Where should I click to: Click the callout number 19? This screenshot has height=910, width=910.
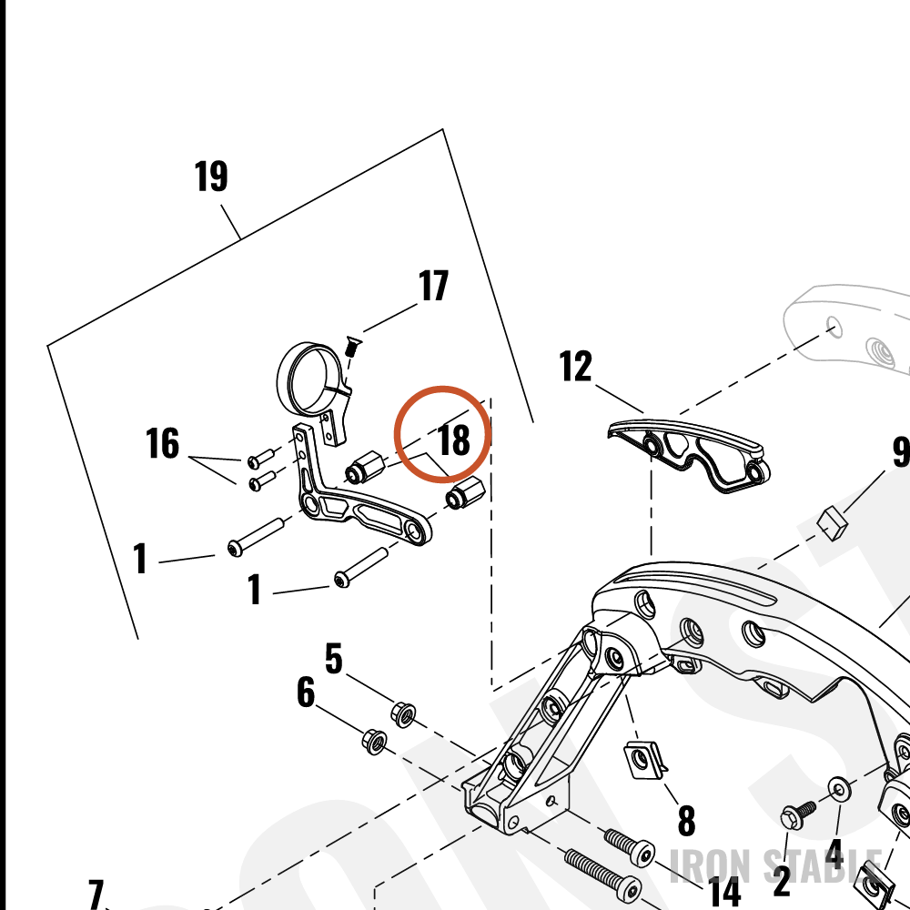(x=211, y=177)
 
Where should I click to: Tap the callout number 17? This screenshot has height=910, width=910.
(x=433, y=286)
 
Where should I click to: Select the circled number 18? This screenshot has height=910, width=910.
(x=454, y=440)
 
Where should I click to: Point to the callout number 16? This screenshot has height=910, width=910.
(x=163, y=443)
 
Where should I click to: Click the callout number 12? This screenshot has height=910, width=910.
(x=576, y=366)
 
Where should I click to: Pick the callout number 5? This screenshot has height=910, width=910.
(x=334, y=659)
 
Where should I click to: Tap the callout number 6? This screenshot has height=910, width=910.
(x=306, y=693)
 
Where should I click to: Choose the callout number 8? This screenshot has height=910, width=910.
(x=686, y=821)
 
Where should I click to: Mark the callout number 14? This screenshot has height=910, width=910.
(x=725, y=892)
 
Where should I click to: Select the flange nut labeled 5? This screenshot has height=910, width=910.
(x=403, y=714)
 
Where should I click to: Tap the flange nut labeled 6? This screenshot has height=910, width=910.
(x=374, y=742)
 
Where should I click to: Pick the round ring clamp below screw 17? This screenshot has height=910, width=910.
(x=308, y=379)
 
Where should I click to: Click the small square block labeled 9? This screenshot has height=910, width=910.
(x=833, y=522)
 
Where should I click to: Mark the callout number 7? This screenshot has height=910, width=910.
(x=96, y=895)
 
